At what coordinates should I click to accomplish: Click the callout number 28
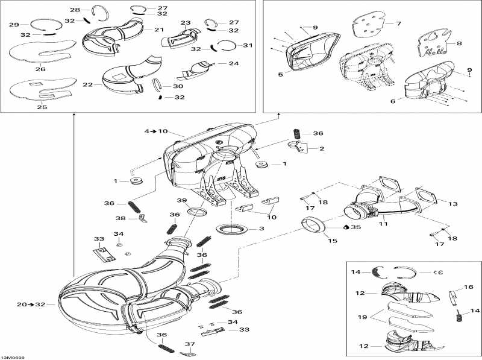click(75, 10)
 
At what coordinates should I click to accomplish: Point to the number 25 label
click(42, 107)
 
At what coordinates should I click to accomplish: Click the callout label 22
click(88, 85)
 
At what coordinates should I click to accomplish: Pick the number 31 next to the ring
click(231, 45)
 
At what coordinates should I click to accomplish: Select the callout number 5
click(280, 74)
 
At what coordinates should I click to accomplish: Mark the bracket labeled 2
click(298, 147)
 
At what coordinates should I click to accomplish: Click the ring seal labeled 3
click(231, 230)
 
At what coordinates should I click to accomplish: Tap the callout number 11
click(383, 224)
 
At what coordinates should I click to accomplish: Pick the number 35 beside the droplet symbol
click(356, 227)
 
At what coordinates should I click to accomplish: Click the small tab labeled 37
click(189, 347)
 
